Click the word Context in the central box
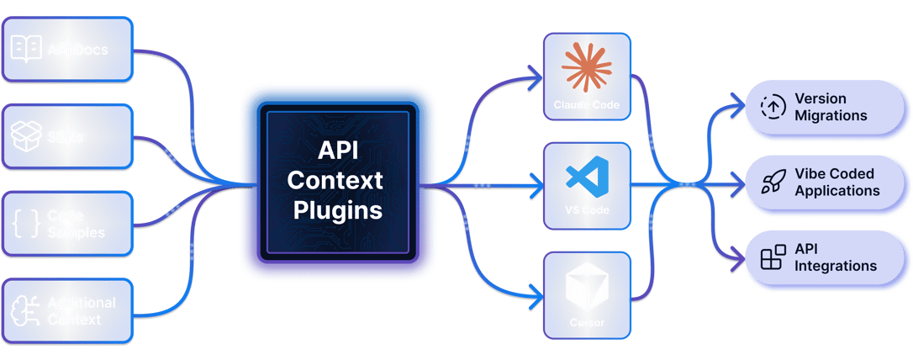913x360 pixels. click(x=337, y=179)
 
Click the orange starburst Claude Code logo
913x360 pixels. click(x=586, y=67)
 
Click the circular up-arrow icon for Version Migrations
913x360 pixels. click(x=772, y=107)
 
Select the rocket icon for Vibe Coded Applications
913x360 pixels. click(x=772, y=182)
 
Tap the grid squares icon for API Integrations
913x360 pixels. click(x=772, y=257)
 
